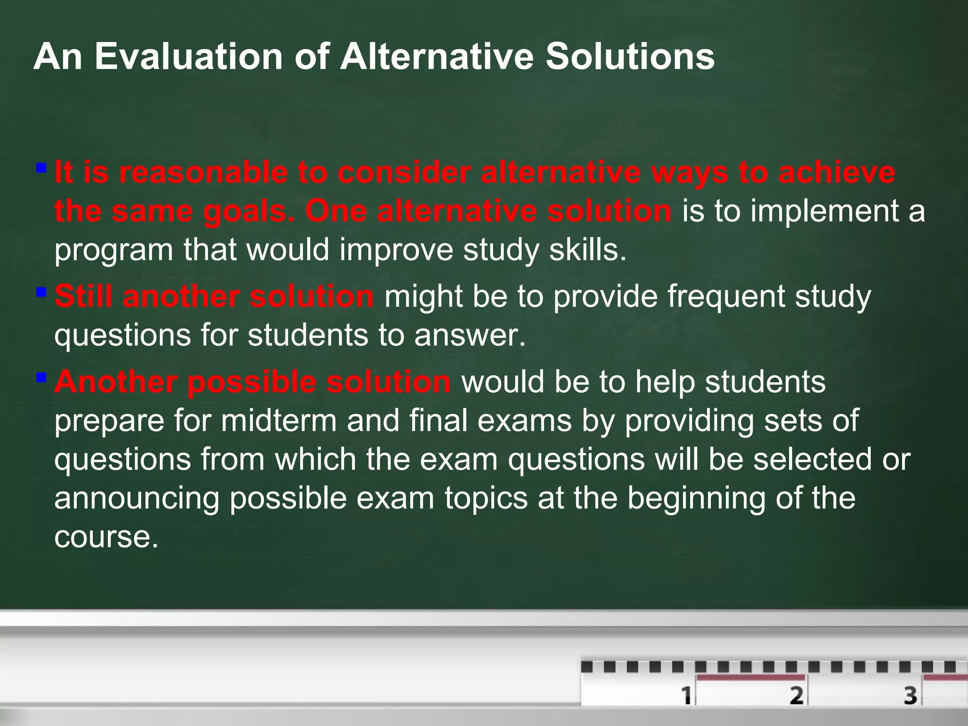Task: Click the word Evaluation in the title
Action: pyautogui.click(x=188, y=57)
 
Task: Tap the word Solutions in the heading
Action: pyautogui.click(x=630, y=57)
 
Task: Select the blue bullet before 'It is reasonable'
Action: pyautogui.click(x=42, y=168)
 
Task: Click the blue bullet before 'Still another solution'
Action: pyautogui.click(x=42, y=292)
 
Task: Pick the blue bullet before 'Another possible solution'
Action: pyautogui.click(x=42, y=377)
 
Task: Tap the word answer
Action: pyautogui.click(x=470, y=336)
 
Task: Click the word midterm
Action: pyautogui.click(x=278, y=421)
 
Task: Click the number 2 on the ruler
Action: pyautogui.click(x=797, y=695)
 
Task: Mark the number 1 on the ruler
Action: pyautogui.click(x=686, y=695)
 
